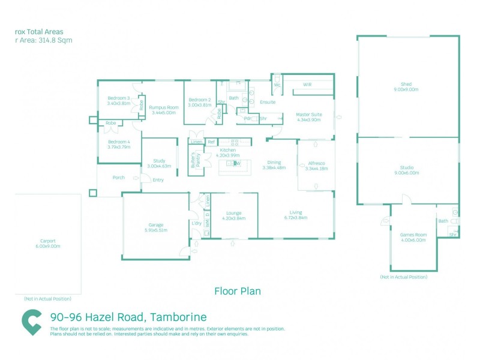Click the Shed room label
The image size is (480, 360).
point(410,86)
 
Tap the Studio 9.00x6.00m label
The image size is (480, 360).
point(410,170)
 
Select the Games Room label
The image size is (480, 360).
point(413,236)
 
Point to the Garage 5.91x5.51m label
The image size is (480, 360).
point(156,227)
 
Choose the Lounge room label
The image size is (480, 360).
point(233,215)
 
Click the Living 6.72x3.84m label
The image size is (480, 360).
point(295,215)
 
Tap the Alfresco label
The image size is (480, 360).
point(316,166)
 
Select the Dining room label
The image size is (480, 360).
point(274,165)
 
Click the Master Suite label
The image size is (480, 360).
point(309,116)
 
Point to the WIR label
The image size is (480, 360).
point(307,85)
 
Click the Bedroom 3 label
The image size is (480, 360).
point(119,100)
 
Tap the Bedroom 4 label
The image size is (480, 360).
point(119,144)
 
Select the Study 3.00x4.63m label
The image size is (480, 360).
point(159,163)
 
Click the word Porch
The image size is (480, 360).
point(119,178)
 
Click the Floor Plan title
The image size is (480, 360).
point(238,291)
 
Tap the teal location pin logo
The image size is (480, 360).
point(32,322)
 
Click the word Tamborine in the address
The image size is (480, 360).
point(178,317)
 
